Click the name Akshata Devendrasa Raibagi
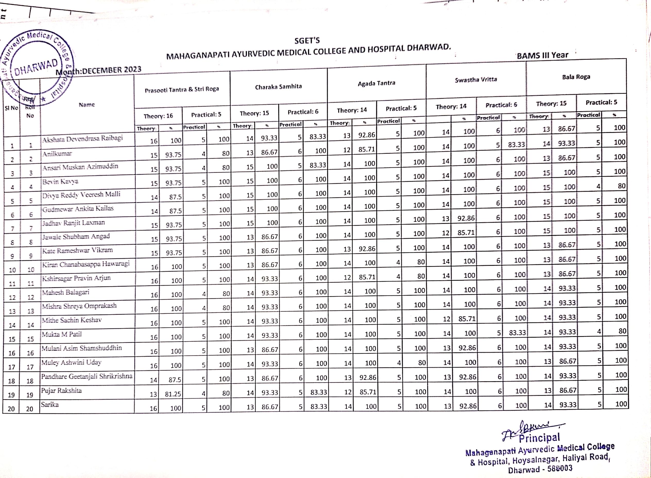tap(82, 139)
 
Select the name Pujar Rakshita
tap(61, 391)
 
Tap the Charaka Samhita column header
tap(278, 87)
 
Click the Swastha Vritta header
tap(476, 80)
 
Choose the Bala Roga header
tap(576, 77)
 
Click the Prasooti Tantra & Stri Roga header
tap(182, 90)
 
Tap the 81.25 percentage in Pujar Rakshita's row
tap(173, 394)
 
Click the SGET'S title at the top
tap(307, 41)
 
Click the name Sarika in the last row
tap(50, 405)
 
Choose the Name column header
tap(87, 105)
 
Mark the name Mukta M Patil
tap(62, 335)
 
